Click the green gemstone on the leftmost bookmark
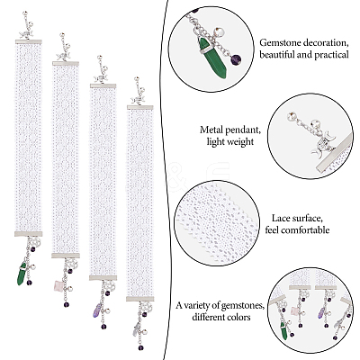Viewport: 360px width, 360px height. pos(22,274)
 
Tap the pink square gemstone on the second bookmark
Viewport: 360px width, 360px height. pos(58,285)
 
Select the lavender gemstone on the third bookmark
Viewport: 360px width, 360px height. pos(97,311)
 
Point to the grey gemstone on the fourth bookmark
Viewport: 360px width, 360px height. pos(136,329)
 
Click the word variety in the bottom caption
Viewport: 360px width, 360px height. pos(199,306)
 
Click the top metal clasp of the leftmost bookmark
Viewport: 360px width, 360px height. pos(29,41)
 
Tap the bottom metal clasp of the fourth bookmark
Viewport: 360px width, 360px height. pos(140,299)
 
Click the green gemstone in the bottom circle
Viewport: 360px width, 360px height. pos(283,332)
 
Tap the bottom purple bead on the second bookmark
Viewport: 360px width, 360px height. pos(67,304)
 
